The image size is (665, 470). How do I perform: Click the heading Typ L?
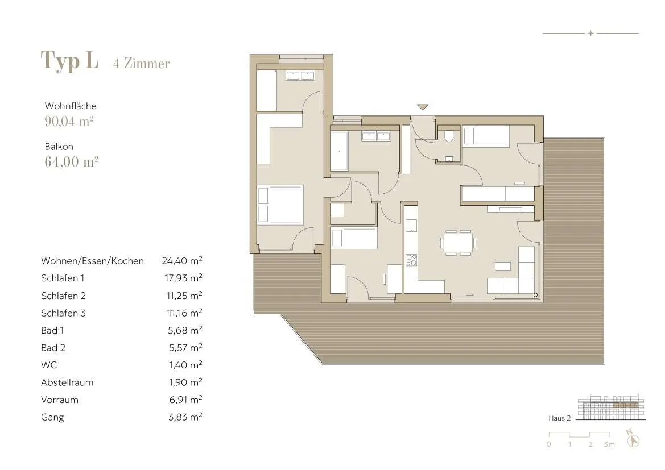pyautogui.click(x=69, y=61)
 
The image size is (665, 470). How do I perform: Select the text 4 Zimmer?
pyautogui.click(x=141, y=64)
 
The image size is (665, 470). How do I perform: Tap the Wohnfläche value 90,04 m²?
pyautogui.click(x=69, y=122)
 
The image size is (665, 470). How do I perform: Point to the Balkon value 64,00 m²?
pyautogui.click(x=72, y=161)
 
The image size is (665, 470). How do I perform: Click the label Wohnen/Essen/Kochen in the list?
pyautogui.click(x=93, y=261)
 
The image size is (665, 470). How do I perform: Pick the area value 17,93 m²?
pyautogui.click(x=183, y=278)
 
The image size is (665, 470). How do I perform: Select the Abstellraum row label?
pyautogui.click(x=67, y=382)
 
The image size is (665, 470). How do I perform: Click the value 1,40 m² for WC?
pyautogui.click(x=185, y=365)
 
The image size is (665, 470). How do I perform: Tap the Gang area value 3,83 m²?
pyautogui.click(x=185, y=417)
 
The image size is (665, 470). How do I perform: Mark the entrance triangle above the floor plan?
pyautogui.click(x=423, y=107)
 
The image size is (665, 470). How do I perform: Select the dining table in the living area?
pyautogui.click(x=458, y=243)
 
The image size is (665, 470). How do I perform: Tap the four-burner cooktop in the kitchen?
pyautogui.click(x=411, y=260)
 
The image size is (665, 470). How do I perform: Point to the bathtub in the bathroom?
pyautogui.click(x=339, y=150)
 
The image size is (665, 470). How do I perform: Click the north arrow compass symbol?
pyautogui.click(x=633, y=439)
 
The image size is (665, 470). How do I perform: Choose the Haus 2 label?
pyautogui.click(x=559, y=418)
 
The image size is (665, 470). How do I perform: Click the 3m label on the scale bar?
pyautogui.click(x=609, y=444)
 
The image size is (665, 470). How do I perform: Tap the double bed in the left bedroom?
pyautogui.click(x=280, y=204)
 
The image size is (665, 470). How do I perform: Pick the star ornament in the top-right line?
pyautogui.click(x=591, y=33)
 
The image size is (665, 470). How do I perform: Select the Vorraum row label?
pyautogui.click(x=60, y=400)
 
